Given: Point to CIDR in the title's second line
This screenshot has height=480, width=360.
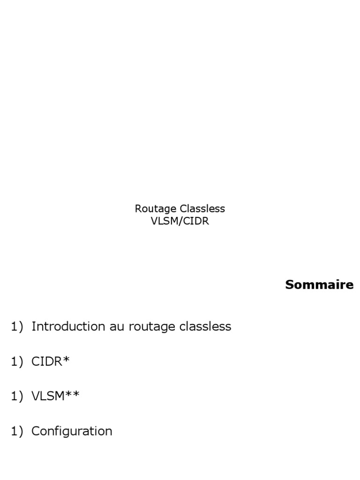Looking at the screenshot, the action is tap(195, 221).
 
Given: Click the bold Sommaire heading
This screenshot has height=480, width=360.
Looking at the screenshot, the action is tap(319, 285).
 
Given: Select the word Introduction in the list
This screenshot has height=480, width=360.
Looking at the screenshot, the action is tap(69, 326).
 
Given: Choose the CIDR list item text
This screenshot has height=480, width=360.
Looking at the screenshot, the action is tap(47, 361).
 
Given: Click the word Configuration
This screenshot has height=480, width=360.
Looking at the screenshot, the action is tap(72, 431).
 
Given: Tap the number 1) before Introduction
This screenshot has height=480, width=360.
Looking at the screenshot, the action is tap(17, 327).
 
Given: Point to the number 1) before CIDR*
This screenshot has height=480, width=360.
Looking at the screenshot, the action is tap(17, 361).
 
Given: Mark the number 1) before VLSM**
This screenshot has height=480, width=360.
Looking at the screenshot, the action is tap(17, 397).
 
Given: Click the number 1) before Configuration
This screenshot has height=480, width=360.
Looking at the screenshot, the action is tap(17, 431).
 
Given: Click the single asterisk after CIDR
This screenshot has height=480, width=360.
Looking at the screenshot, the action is tap(66, 360).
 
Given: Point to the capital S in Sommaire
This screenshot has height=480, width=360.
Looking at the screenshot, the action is tap(290, 285).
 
